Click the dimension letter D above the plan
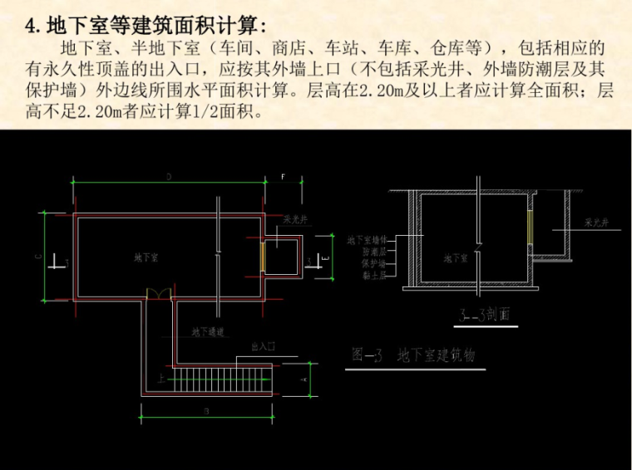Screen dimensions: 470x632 click(x=168, y=177)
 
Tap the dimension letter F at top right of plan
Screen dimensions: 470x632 click(x=283, y=177)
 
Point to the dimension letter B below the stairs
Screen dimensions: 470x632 click(x=205, y=409)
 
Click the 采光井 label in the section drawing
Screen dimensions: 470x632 click(x=597, y=223)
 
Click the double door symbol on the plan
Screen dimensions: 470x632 click(x=158, y=294)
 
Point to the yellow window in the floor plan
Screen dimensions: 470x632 click(x=264, y=257)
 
